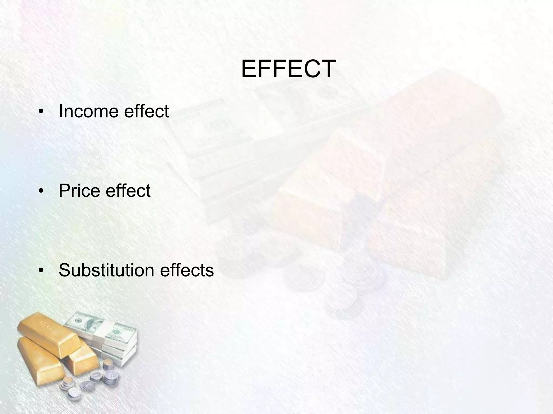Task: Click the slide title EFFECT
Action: tap(288, 69)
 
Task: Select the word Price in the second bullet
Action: tap(78, 191)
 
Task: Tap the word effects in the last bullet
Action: tap(187, 270)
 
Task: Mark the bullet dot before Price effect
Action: tap(41, 191)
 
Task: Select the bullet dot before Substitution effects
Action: tap(41, 271)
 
